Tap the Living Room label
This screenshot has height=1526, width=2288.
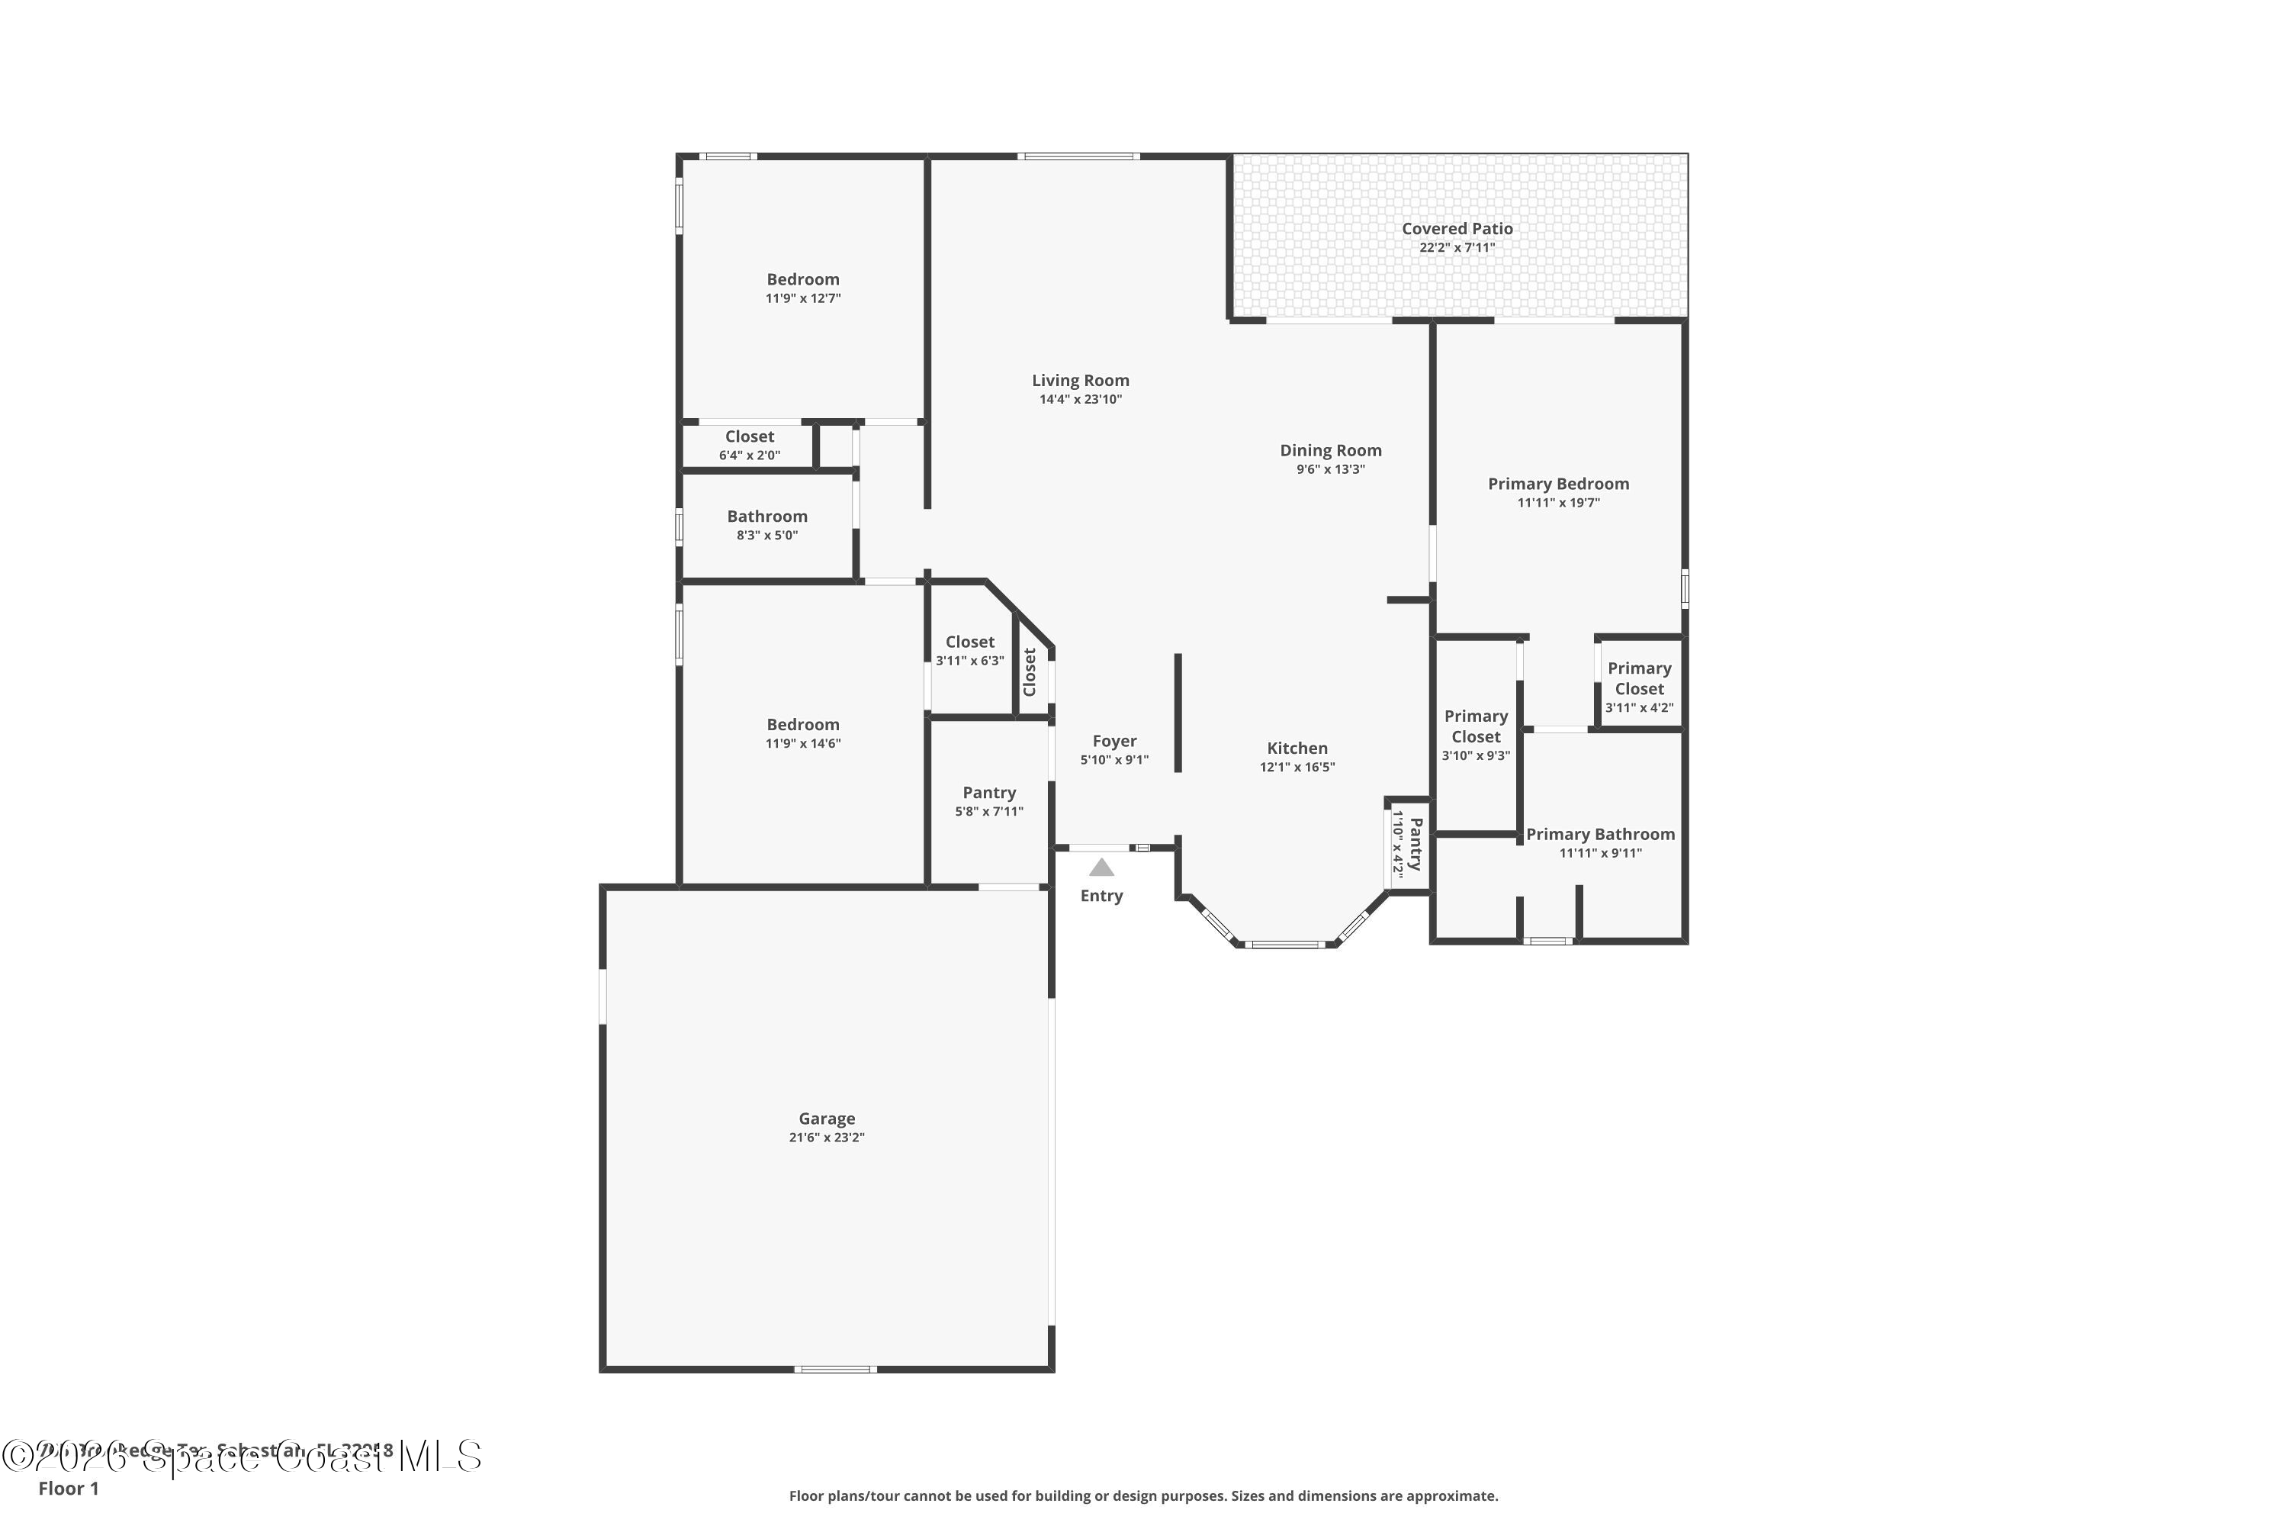pos(1080,381)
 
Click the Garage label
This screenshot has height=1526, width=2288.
pos(826,1119)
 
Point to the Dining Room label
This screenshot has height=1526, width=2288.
pos(1330,451)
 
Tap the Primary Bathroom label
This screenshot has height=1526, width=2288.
pos(1599,834)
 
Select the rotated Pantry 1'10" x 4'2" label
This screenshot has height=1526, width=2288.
pos(1406,844)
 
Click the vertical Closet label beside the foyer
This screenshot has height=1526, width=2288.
pos(1029,672)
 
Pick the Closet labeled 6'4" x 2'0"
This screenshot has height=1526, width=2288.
pos(749,445)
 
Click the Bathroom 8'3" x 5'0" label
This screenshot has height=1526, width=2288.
pos(766,525)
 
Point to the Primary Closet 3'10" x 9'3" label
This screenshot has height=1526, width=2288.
pos(1475,734)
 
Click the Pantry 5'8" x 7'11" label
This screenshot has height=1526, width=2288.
pos(988,801)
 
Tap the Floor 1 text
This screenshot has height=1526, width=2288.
pos(68,1488)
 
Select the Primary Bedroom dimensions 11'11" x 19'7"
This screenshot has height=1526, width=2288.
pos(1557,503)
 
